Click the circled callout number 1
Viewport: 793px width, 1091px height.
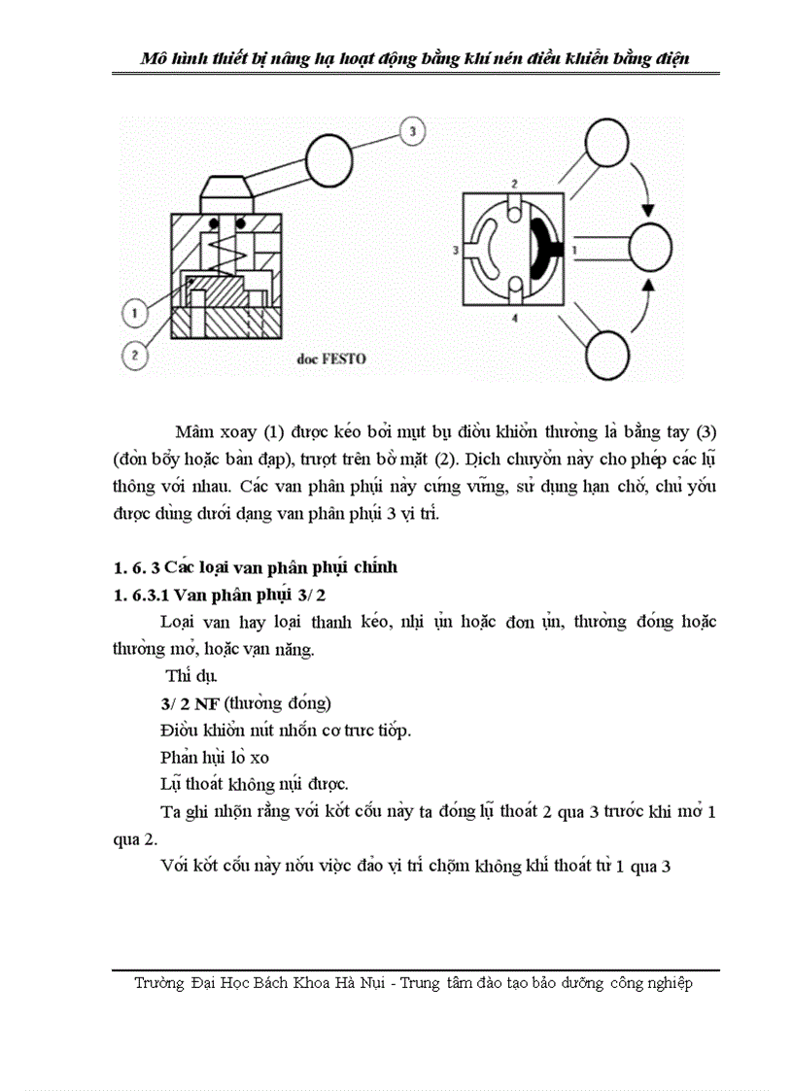134,313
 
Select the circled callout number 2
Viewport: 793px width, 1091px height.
135,356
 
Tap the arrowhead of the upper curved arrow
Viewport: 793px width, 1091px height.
648,212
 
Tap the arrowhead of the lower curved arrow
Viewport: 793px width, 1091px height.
648,284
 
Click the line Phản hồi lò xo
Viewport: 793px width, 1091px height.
215,756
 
